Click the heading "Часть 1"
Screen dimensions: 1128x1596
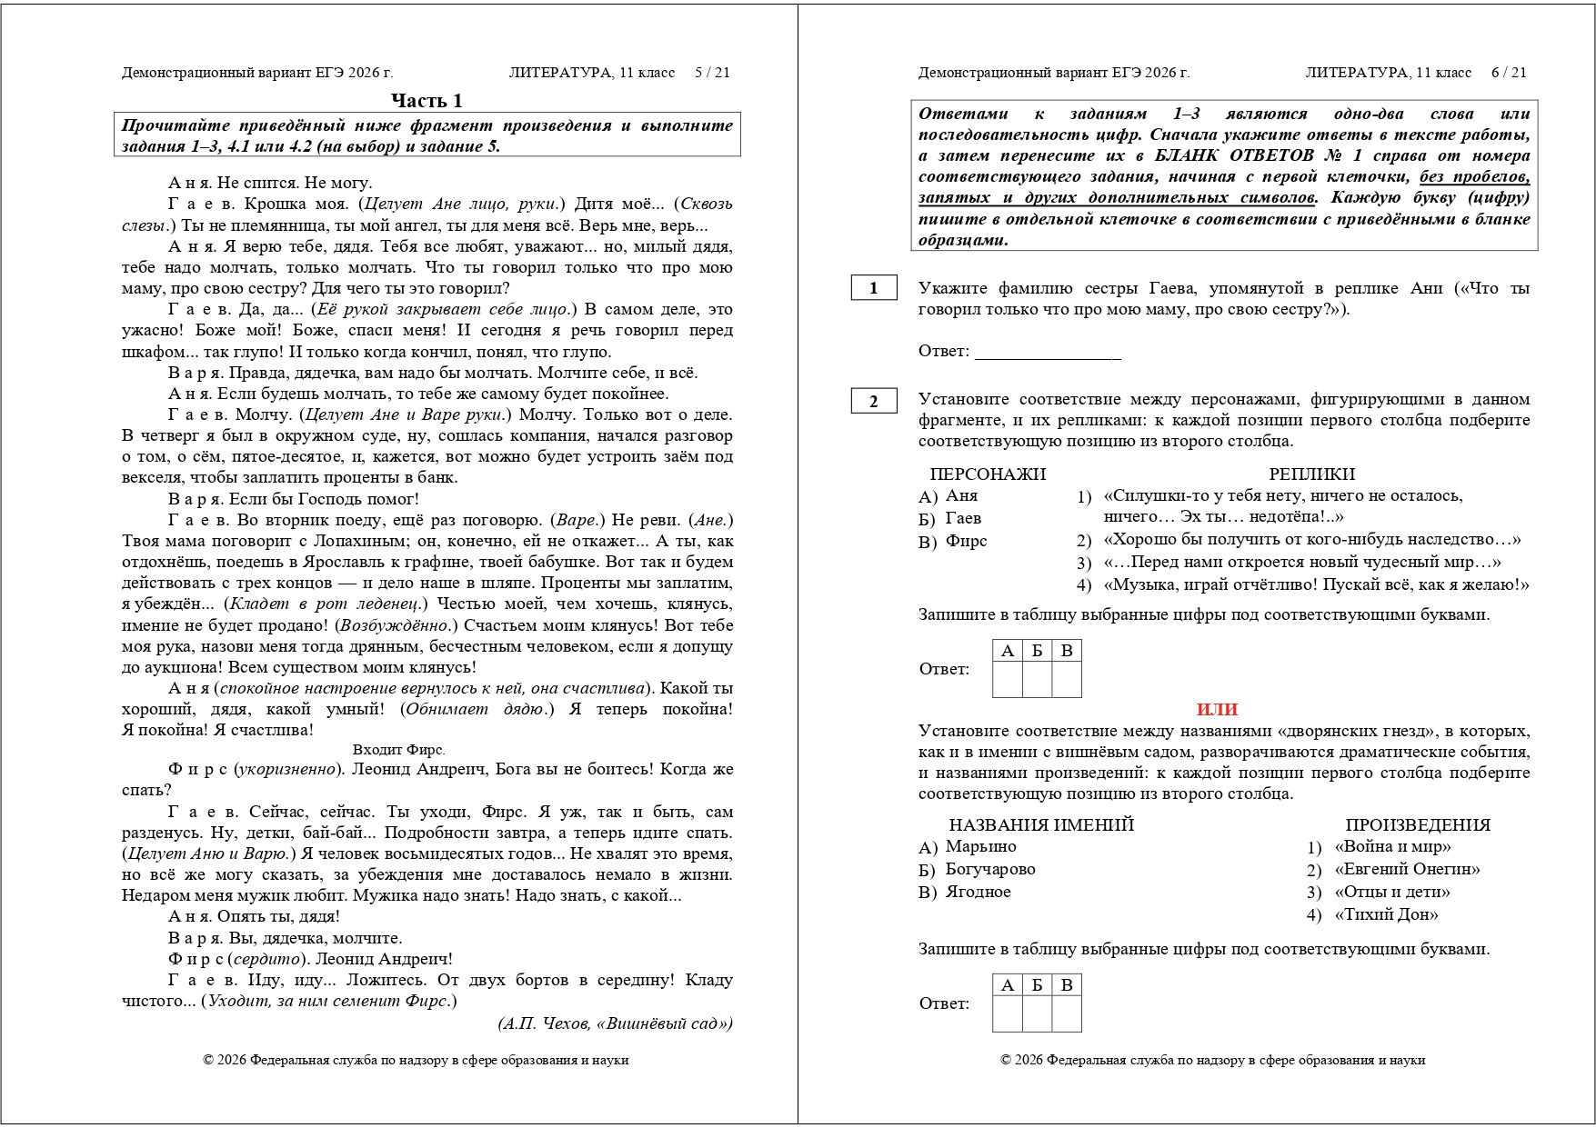pos(427,100)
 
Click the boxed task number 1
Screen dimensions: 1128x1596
pos(874,288)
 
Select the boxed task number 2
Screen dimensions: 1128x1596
pos(874,401)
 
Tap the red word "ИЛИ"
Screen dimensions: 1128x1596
pos(1217,710)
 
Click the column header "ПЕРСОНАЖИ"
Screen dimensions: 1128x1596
pos(988,474)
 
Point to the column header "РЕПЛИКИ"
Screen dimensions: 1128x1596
pos(1311,474)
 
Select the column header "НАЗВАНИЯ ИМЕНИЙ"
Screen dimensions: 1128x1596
pos(1041,824)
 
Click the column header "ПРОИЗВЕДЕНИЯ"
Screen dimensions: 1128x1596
pos(1418,824)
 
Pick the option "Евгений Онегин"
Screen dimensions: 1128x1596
pos(1407,869)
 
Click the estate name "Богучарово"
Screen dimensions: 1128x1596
pos(990,869)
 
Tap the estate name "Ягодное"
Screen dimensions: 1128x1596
pos(978,892)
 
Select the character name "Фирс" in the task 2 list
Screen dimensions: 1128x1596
pos(966,541)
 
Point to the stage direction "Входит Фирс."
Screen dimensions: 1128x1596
pos(398,750)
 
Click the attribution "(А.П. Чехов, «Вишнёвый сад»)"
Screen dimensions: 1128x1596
pos(615,1023)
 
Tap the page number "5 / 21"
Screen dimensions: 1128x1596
pos(712,73)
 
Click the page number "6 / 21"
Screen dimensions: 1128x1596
pos(1509,73)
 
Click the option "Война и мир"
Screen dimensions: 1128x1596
pos(1392,846)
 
